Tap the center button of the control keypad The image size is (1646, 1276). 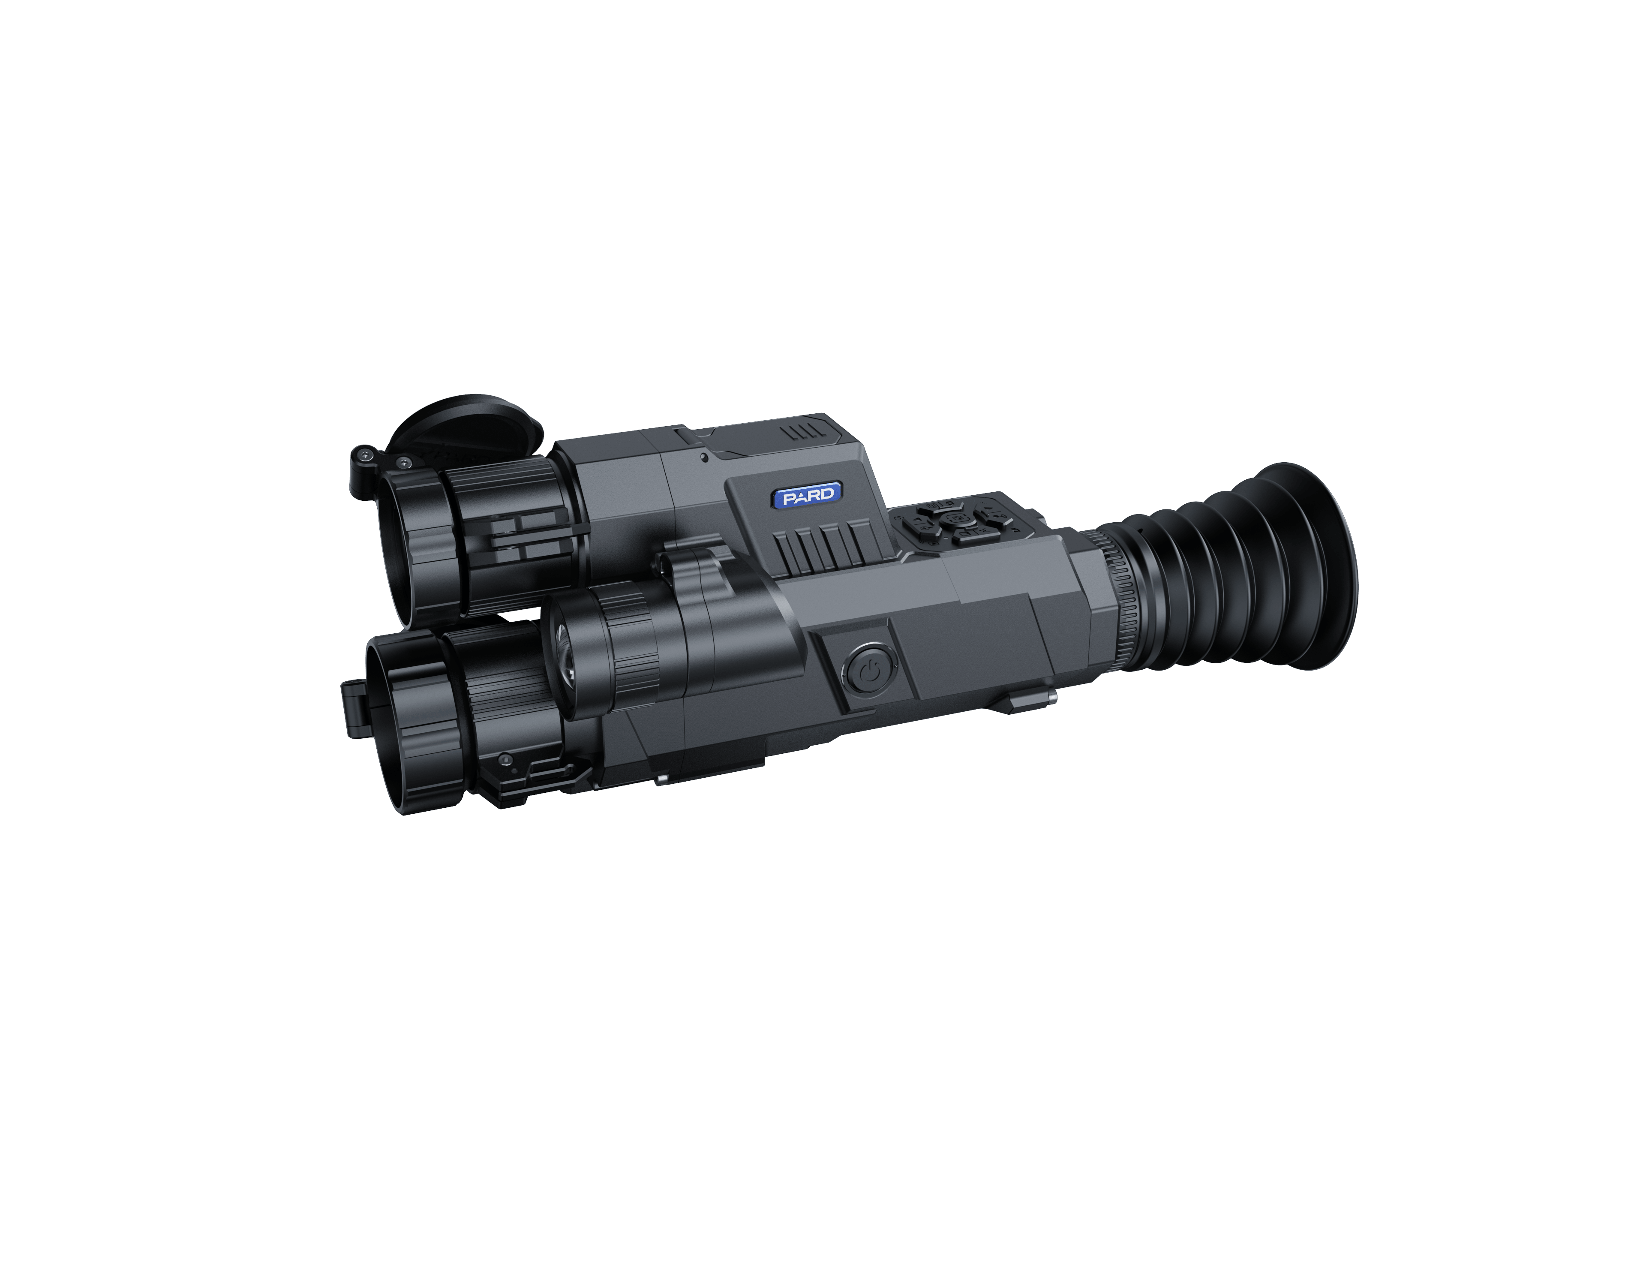tap(958, 519)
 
